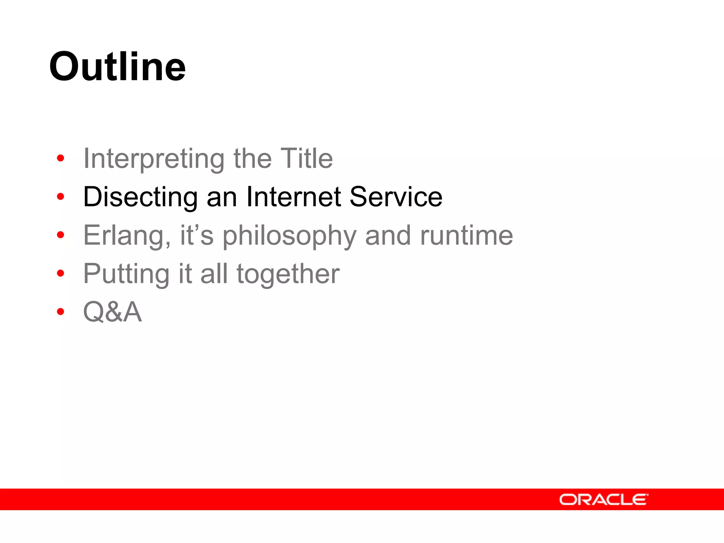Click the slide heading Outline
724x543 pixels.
pyautogui.click(x=117, y=66)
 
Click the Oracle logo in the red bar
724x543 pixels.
pyautogui.click(x=603, y=500)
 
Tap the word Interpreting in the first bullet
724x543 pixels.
pyautogui.click(x=154, y=159)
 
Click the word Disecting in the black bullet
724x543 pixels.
pyautogui.click(x=140, y=197)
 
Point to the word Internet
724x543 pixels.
pyautogui.click(x=293, y=197)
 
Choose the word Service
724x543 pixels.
pyautogui.click(x=396, y=197)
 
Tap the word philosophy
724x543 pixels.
pyautogui.click(x=289, y=235)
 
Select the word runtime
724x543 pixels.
pyautogui.click(x=466, y=235)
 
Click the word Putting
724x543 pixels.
pyautogui.click(x=126, y=274)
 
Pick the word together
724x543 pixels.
pyautogui.click(x=288, y=274)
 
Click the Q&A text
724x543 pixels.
pyautogui.click(x=112, y=312)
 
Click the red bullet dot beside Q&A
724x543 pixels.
pyautogui.click(x=60, y=311)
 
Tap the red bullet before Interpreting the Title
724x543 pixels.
pyautogui.click(x=60, y=158)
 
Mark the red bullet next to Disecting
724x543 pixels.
pyautogui.click(x=60, y=196)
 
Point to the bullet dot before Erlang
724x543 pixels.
pyautogui.click(x=60, y=235)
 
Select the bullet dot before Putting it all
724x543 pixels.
pyautogui.click(x=60, y=273)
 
